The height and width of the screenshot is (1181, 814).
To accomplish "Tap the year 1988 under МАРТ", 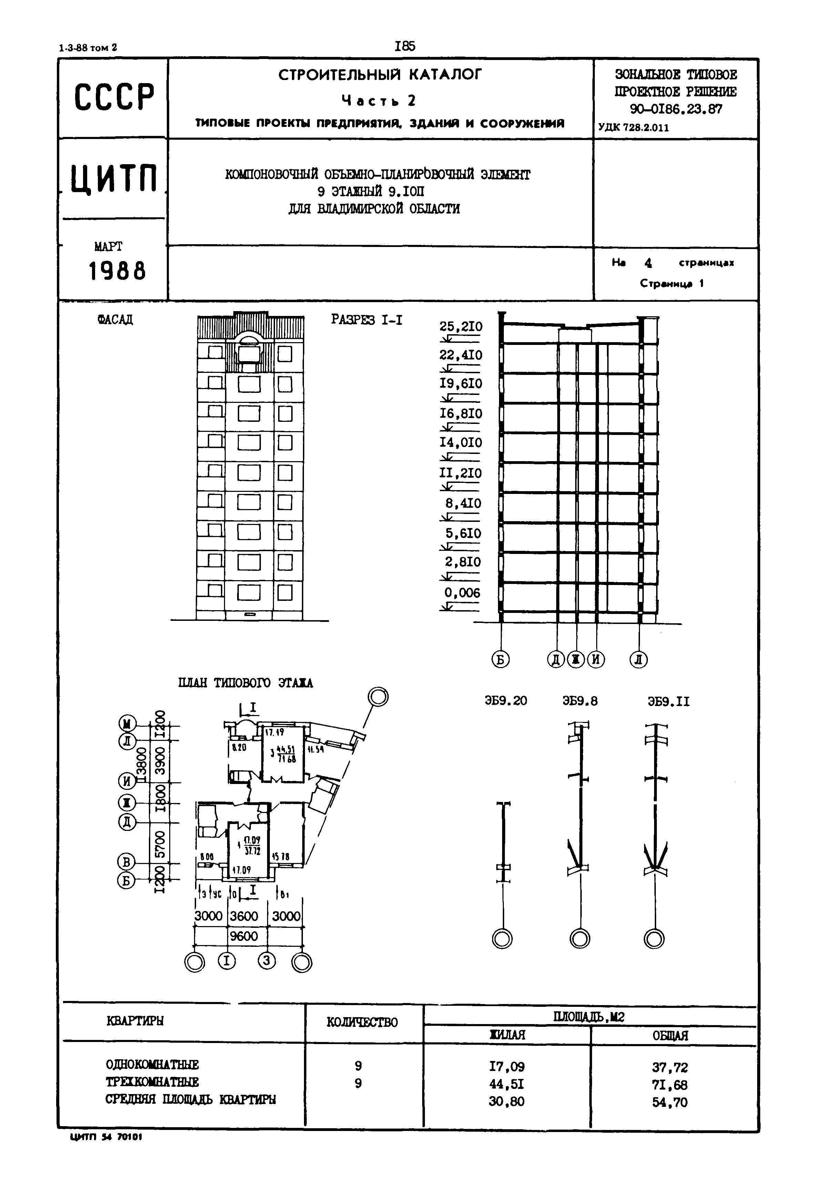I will [117, 270].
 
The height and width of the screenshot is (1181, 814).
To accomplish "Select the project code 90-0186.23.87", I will [676, 109].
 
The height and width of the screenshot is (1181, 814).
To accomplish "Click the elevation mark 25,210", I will [460, 327].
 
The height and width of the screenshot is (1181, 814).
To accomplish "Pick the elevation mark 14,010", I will [460, 443].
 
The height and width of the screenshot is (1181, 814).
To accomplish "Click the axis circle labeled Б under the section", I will [500, 660].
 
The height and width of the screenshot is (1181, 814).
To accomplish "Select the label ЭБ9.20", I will [506, 701].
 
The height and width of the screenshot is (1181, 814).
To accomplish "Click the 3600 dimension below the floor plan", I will [244, 916].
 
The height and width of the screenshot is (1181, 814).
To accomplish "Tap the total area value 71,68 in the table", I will [670, 1084].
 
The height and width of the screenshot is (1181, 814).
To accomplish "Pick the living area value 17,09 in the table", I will [507, 1067].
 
